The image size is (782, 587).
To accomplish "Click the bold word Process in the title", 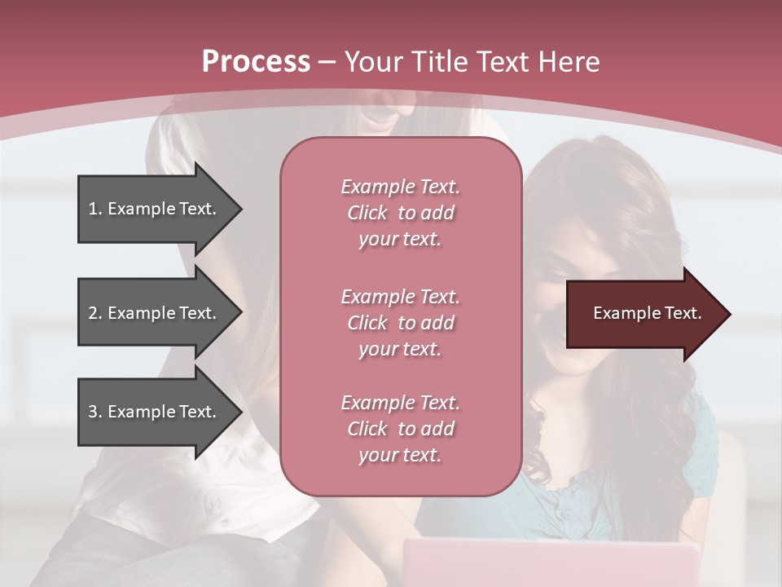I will point(256,62).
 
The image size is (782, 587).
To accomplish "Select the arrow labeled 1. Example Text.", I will point(155,209).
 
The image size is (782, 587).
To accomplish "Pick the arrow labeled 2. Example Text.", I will point(155,313).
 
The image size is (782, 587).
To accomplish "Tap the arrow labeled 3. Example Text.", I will point(155,412).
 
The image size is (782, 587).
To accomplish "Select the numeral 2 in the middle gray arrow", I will point(92,313).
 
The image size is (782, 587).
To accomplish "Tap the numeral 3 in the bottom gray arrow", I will point(92,412).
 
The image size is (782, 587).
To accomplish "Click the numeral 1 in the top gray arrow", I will point(92,209).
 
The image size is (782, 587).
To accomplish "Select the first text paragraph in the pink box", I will point(400,213).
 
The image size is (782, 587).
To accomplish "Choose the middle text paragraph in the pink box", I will point(400,322).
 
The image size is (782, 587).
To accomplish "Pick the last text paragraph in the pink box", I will point(400,429).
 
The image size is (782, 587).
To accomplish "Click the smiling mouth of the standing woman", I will point(380,121).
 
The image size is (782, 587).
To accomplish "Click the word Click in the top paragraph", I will point(367,213).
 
